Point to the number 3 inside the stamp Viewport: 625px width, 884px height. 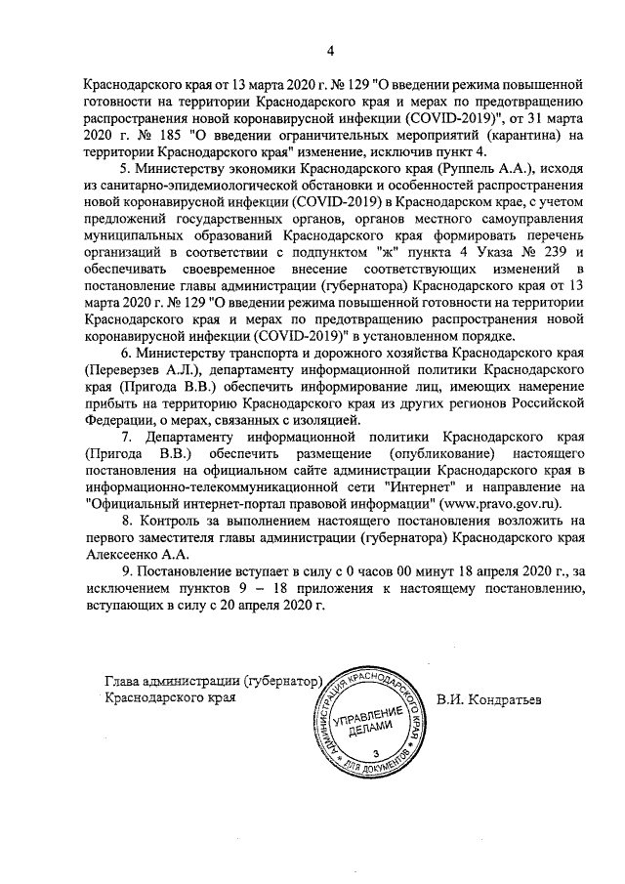[375, 753]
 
